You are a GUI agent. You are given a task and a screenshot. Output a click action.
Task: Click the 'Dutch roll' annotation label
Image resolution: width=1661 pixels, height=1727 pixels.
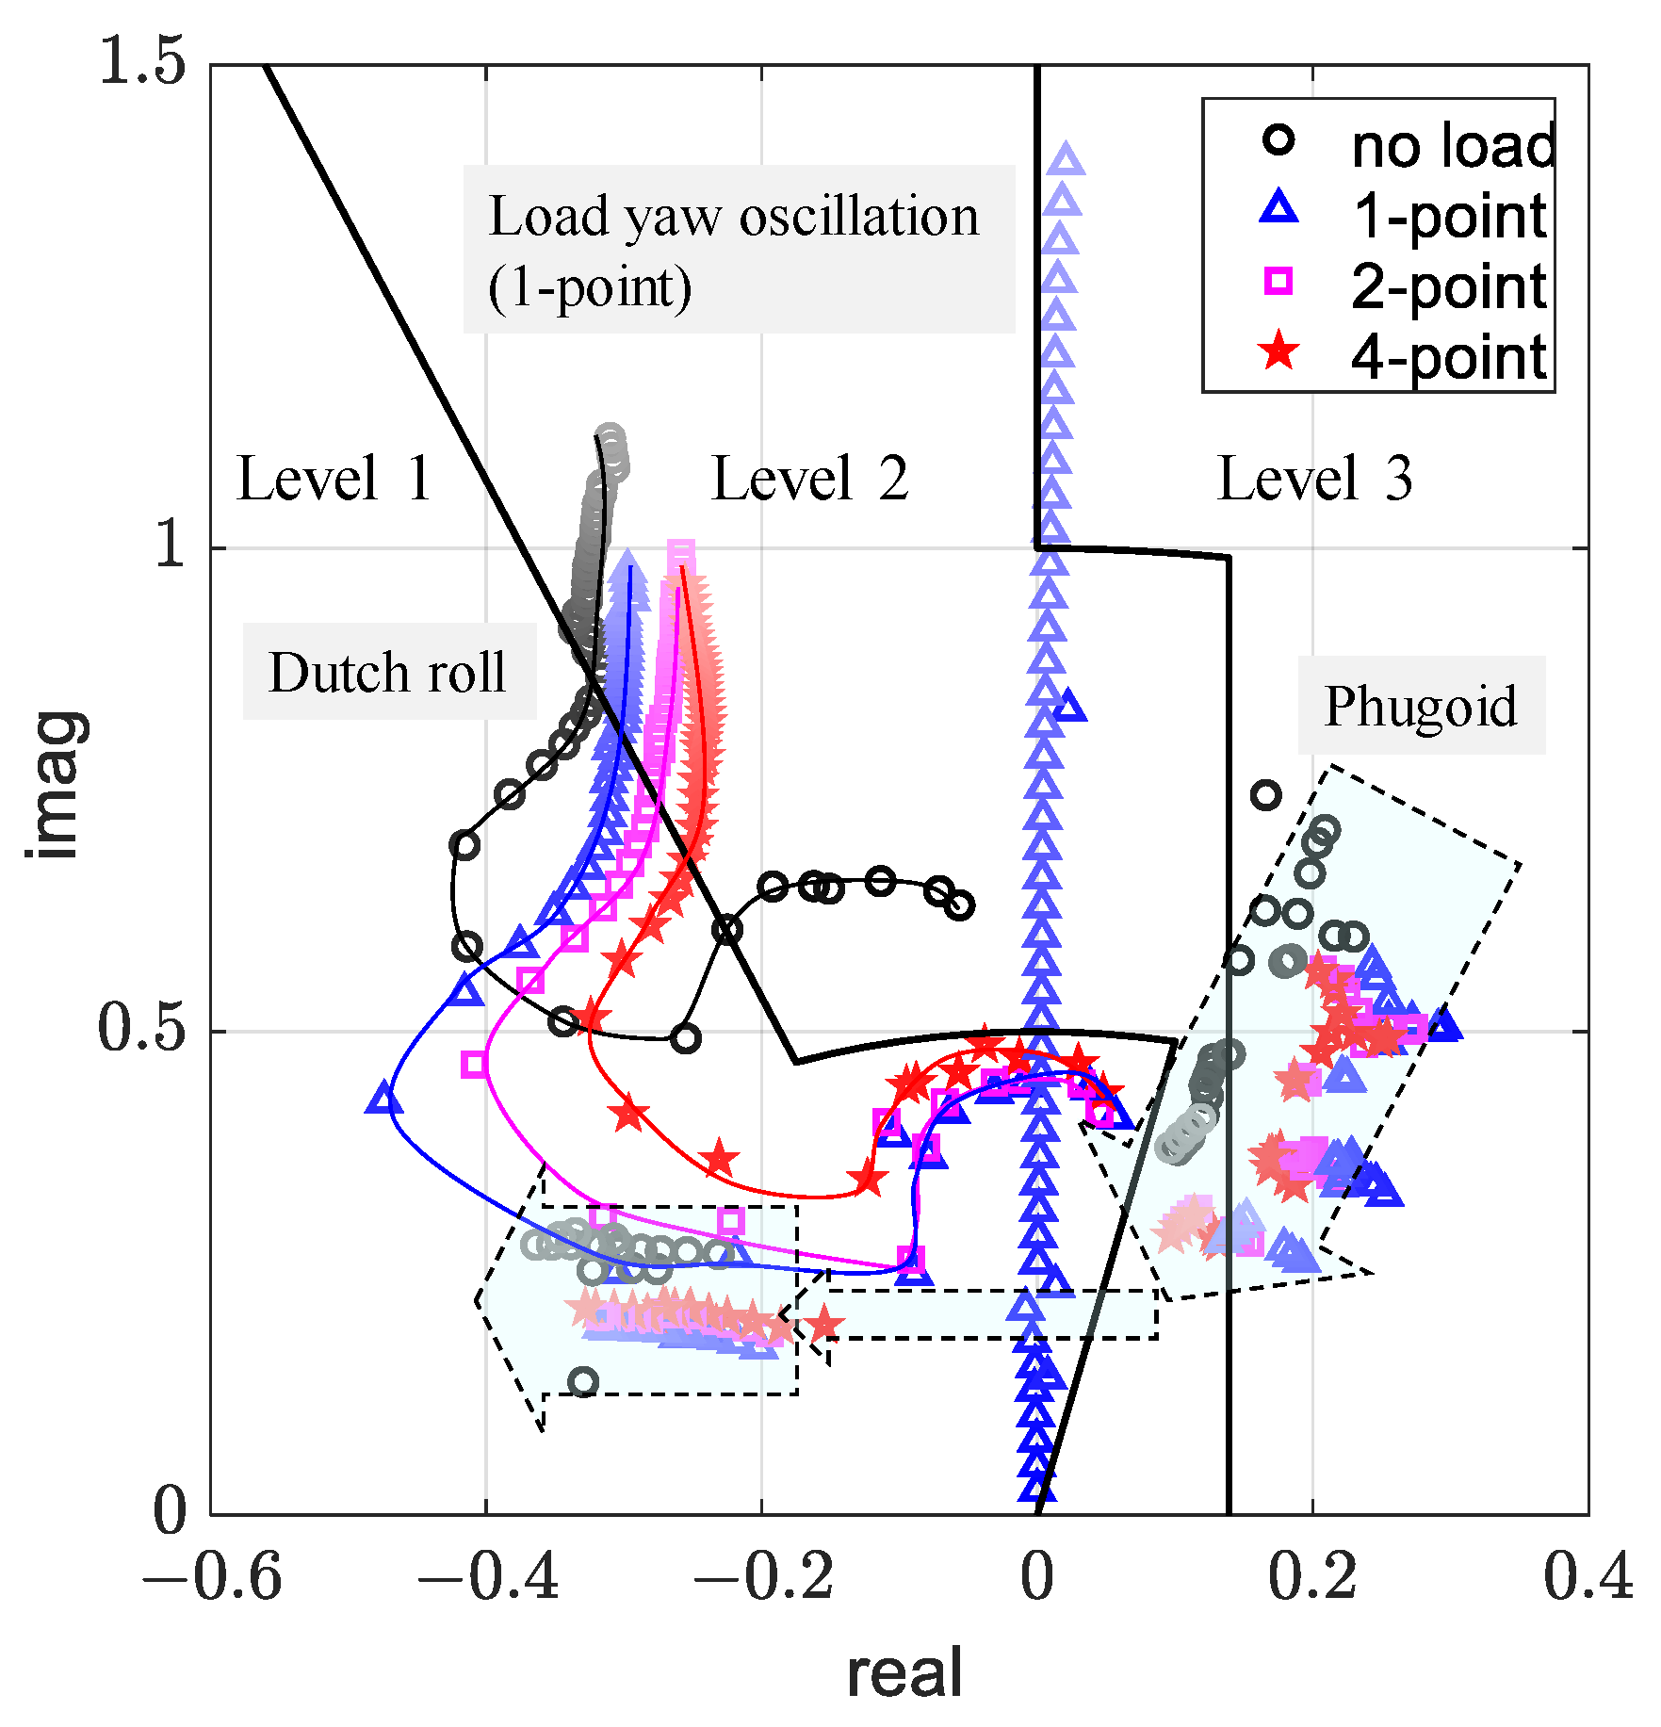pyautogui.click(x=388, y=673)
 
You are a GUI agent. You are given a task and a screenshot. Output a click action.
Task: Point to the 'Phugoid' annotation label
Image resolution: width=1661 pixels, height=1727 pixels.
pyautogui.click(x=1421, y=706)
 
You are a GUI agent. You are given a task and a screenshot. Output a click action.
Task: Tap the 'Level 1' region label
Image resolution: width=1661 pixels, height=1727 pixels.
pyautogui.click(x=334, y=479)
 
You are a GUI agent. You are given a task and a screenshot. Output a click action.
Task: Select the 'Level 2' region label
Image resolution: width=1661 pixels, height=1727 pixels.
pyautogui.click(x=809, y=479)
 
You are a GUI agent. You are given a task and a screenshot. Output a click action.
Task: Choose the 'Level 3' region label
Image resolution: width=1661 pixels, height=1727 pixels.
pyautogui.click(x=1315, y=479)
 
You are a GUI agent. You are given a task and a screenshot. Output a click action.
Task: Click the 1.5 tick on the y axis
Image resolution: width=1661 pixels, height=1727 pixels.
pyautogui.click(x=143, y=63)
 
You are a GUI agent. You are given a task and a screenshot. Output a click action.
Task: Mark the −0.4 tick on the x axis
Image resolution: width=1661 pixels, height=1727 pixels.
pyautogui.click(x=487, y=1576)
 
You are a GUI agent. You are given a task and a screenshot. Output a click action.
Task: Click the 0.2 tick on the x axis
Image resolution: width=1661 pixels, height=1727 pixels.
pyautogui.click(x=1311, y=1576)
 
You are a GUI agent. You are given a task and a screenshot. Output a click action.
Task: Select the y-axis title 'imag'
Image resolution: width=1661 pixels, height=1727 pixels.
pyautogui.click(x=57, y=784)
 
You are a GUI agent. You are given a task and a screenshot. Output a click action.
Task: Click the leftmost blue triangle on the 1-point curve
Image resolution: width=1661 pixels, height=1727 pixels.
pyautogui.click(x=384, y=1099)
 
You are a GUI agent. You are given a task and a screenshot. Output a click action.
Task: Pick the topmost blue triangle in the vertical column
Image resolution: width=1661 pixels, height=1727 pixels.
pyautogui.click(x=1066, y=159)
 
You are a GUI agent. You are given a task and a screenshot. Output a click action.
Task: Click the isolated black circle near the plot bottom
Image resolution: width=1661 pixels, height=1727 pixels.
pyautogui.click(x=584, y=1382)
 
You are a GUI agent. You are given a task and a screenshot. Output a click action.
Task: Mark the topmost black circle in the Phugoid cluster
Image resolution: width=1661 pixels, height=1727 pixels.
pyautogui.click(x=1266, y=795)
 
